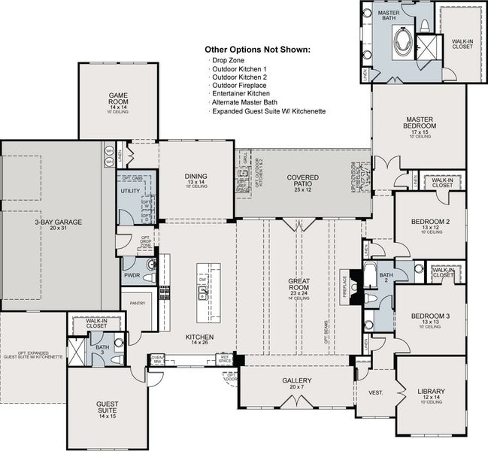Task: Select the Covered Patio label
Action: (x=302, y=178)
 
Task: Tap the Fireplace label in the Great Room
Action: (x=345, y=287)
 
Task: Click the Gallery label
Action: (x=296, y=381)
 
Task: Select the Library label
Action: (x=431, y=392)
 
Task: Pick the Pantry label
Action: (x=138, y=304)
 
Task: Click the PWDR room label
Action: (x=132, y=275)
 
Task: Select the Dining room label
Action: (x=196, y=177)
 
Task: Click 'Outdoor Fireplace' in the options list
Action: (x=240, y=85)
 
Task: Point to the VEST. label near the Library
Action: (x=374, y=392)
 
